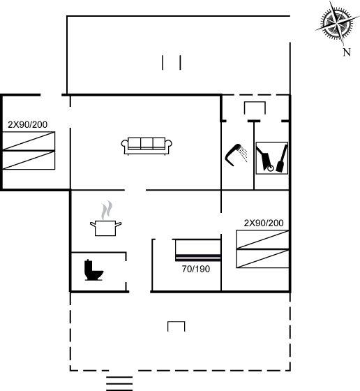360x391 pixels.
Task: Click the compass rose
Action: point(337,24)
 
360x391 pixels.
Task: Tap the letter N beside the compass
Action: point(347,52)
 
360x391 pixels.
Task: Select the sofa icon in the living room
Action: point(147,146)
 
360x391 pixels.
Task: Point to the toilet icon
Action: point(93,270)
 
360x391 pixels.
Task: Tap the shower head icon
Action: point(236,154)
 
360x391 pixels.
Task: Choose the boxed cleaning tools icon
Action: point(272,158)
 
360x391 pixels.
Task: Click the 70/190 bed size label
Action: point(196,269)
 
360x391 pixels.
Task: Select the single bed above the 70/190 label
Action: point(198,250)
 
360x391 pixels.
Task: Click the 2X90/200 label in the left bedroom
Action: point(28,124)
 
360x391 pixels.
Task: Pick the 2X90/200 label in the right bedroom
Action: point(264,223)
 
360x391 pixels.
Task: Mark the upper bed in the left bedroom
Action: point(29,141)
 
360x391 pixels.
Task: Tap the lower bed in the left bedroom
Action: point(29,160)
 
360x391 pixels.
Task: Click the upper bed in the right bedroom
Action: point(262,239)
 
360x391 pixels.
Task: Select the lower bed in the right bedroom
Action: point(262,259)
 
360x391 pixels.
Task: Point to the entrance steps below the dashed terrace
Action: point(119,383)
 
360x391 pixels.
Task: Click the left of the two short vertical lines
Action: point(163,63)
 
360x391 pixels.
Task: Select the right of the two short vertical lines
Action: point(180,63)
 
